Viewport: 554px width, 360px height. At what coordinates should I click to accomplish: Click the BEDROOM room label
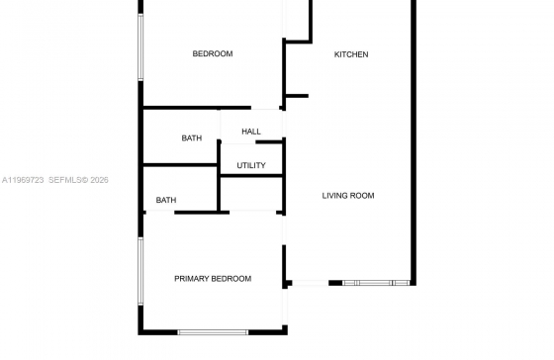(x=213, y=53)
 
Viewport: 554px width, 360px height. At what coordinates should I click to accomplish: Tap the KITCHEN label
(x=351, y=54)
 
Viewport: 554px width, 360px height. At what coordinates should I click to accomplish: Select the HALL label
(x=251, y=132)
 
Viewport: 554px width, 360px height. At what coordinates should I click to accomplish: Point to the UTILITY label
(x=251, y=165)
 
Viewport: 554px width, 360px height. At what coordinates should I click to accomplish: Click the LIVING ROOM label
(x=348, y=196)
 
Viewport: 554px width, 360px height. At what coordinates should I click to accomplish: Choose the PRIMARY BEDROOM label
(x=213, y=279)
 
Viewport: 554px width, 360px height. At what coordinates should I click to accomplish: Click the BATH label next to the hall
(x=192, y=138)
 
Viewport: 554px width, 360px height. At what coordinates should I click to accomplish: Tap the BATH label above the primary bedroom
(x=166, y=201)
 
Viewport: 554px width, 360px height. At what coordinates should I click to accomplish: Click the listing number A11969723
(x=23, y=180)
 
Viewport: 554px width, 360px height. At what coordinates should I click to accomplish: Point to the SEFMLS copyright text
(x=78, y=180)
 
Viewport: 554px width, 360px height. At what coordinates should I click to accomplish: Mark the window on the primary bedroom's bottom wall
(x=213, y=332)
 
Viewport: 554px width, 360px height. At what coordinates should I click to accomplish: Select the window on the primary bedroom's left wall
(x=140, y=271)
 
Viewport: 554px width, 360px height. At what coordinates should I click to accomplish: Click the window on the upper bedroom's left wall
(x=140, y=47)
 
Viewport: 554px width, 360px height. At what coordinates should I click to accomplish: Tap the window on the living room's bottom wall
(x=376, y=283)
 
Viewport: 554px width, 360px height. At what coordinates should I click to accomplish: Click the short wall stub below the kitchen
(x=297, y=96)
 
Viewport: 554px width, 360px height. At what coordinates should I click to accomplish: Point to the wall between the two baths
(x=180, y=165)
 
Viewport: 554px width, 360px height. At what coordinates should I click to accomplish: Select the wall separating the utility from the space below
(x=251, y=176)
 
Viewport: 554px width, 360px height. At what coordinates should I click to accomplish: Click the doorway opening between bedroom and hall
(x=265, y=108)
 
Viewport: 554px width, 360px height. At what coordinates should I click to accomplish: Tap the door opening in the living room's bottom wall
(x=311, y=283)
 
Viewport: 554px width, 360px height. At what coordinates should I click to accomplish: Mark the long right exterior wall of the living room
(x=414, y=142)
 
